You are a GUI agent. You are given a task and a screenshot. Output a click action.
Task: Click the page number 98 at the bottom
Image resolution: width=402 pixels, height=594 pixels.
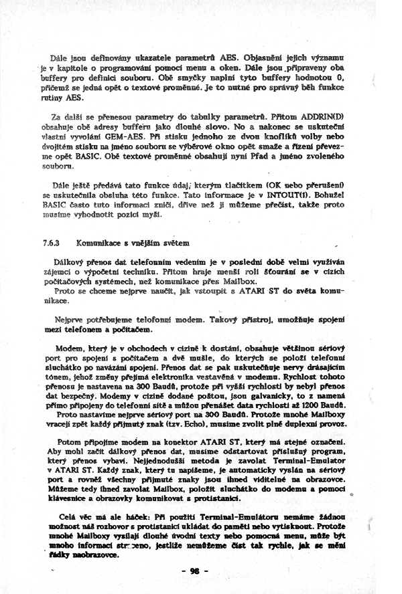tap(195, 571)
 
